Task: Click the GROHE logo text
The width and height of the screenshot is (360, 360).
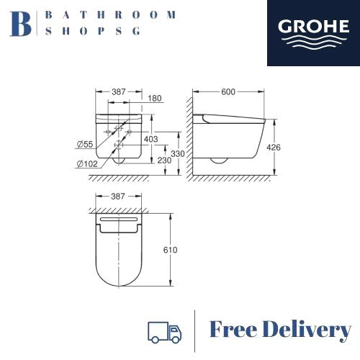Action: point(313,26)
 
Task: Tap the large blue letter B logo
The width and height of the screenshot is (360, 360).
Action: point(21,24)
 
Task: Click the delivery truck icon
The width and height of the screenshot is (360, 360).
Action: point(165,332)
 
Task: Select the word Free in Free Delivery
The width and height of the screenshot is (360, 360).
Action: point(233,329)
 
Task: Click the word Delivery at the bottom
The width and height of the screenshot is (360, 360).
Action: point(307,330)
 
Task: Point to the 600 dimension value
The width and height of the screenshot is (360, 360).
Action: point(228,91)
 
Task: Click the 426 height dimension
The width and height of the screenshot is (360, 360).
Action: point(274,147)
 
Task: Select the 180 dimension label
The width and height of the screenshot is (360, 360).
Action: point(155,98)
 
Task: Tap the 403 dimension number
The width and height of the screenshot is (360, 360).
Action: point(150,139)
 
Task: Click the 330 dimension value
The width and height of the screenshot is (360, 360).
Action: point(178,153)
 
